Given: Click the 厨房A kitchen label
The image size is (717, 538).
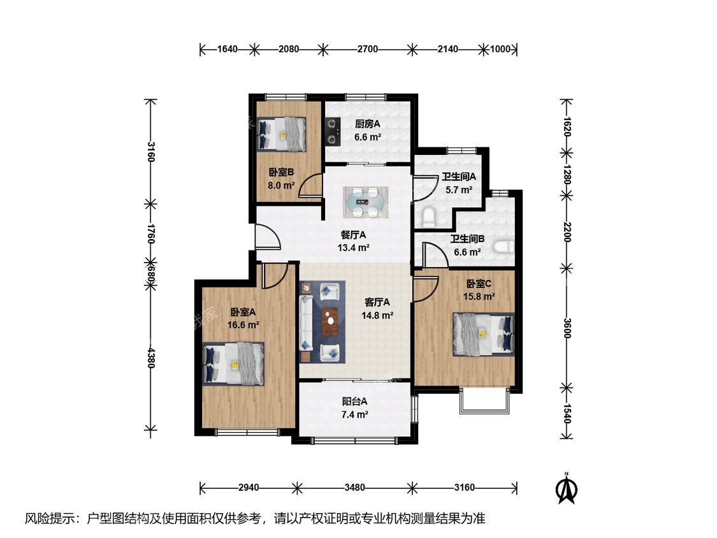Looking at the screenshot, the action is (x=368, y=124).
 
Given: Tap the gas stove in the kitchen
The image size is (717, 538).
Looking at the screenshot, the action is (x=333, y=131).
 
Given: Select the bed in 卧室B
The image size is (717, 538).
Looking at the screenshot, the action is (x=281, y=134).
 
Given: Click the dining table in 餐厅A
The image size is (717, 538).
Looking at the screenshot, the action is (x=366, y=202).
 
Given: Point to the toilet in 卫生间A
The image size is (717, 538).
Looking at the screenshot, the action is (x=428, y=217).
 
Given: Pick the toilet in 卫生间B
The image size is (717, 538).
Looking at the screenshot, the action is (x=504, y=247).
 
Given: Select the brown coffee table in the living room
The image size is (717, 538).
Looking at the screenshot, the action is (x=330, y=322).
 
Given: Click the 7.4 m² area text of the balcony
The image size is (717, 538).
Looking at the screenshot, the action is (x=355, y=415).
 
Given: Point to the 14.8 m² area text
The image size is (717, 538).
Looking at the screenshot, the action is (x=377, y=316).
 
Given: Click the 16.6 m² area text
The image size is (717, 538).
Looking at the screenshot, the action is (x=243, y=325).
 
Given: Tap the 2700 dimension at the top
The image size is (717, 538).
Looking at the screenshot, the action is (x=368, y=49).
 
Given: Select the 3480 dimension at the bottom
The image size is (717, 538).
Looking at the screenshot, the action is (x=355, y=488).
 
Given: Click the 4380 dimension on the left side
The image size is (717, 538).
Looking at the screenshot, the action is (x=151, y=357).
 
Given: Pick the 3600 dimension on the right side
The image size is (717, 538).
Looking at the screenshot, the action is (x=567, y=328).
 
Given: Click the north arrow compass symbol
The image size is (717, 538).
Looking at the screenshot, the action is (x=566, y=488).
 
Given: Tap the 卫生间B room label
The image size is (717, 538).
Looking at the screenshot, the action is (x=467, y=239).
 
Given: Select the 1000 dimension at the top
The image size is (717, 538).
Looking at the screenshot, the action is (x=500, y=49).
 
